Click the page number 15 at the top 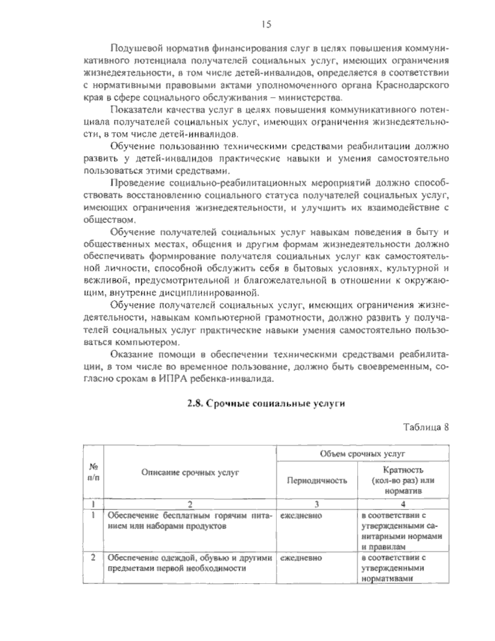click(x=266, y=25)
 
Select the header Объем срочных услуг click(x=362, y=453)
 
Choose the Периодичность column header click(x=316, y=480)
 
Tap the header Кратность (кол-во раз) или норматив click(x=403, y=481)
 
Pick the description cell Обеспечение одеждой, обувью click(x=190, y=563)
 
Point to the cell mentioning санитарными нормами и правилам click(x=403, y=531)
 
